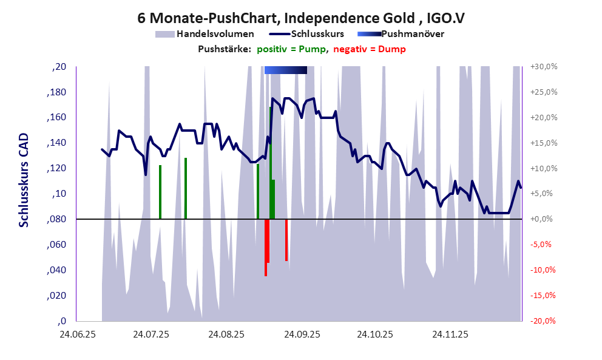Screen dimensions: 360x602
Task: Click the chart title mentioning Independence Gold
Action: coord(301,18)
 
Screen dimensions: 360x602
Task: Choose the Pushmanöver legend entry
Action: coord(412,34)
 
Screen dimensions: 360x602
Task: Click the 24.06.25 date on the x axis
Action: coord(77,335)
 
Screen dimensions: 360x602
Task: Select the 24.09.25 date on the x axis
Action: coord(302,335)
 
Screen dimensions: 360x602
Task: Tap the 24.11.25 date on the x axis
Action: coord(450,335)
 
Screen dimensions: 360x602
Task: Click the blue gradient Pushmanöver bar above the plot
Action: coord(285,70)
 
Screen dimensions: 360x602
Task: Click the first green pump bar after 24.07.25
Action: coord(160,192)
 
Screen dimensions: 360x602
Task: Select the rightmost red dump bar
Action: coord(286,240)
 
